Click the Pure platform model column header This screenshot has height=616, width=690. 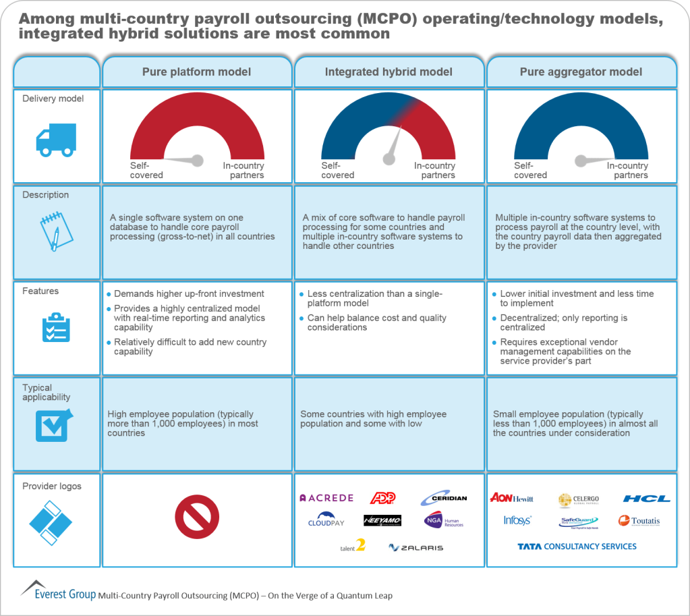[196, 72]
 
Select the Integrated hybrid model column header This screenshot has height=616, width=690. [389, 72]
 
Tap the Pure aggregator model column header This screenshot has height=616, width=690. [581, 72]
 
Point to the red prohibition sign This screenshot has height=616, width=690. [196, 517]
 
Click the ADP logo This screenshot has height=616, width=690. [382, 498]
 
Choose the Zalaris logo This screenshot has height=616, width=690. [416, 547]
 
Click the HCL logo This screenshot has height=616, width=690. [646, 499]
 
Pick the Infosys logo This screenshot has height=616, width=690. [517, 520]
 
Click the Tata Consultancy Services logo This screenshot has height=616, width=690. [577, 547]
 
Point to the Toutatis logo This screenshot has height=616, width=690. [639, 521]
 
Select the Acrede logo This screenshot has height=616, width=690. [326, 498]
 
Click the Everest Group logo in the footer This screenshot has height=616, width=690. [58, 590]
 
